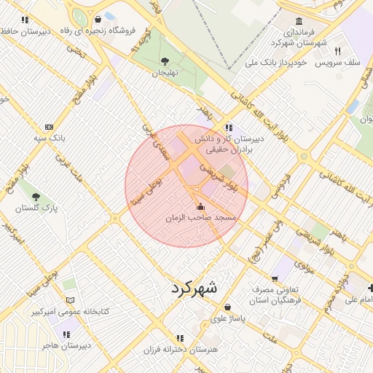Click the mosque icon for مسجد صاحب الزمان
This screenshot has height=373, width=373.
(x=201, y=207)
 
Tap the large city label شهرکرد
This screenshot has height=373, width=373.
(x=194, y=288)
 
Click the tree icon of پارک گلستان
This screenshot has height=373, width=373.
(x=35, y=196)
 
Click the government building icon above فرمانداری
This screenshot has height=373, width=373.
(x=299, y=21)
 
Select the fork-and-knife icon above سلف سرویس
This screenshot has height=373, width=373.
(x=337, y=50)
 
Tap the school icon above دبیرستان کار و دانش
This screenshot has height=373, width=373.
(x=229, y=127)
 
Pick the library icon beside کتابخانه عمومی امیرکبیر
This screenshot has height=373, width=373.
(x=70, y=299)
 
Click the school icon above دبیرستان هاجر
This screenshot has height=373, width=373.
(x=67, y=334)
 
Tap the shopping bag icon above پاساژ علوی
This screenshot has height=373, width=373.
(x=229, y=307)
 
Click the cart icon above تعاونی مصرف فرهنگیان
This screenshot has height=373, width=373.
(x=274, y=278)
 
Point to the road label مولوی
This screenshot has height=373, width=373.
(x=303, y=267)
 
